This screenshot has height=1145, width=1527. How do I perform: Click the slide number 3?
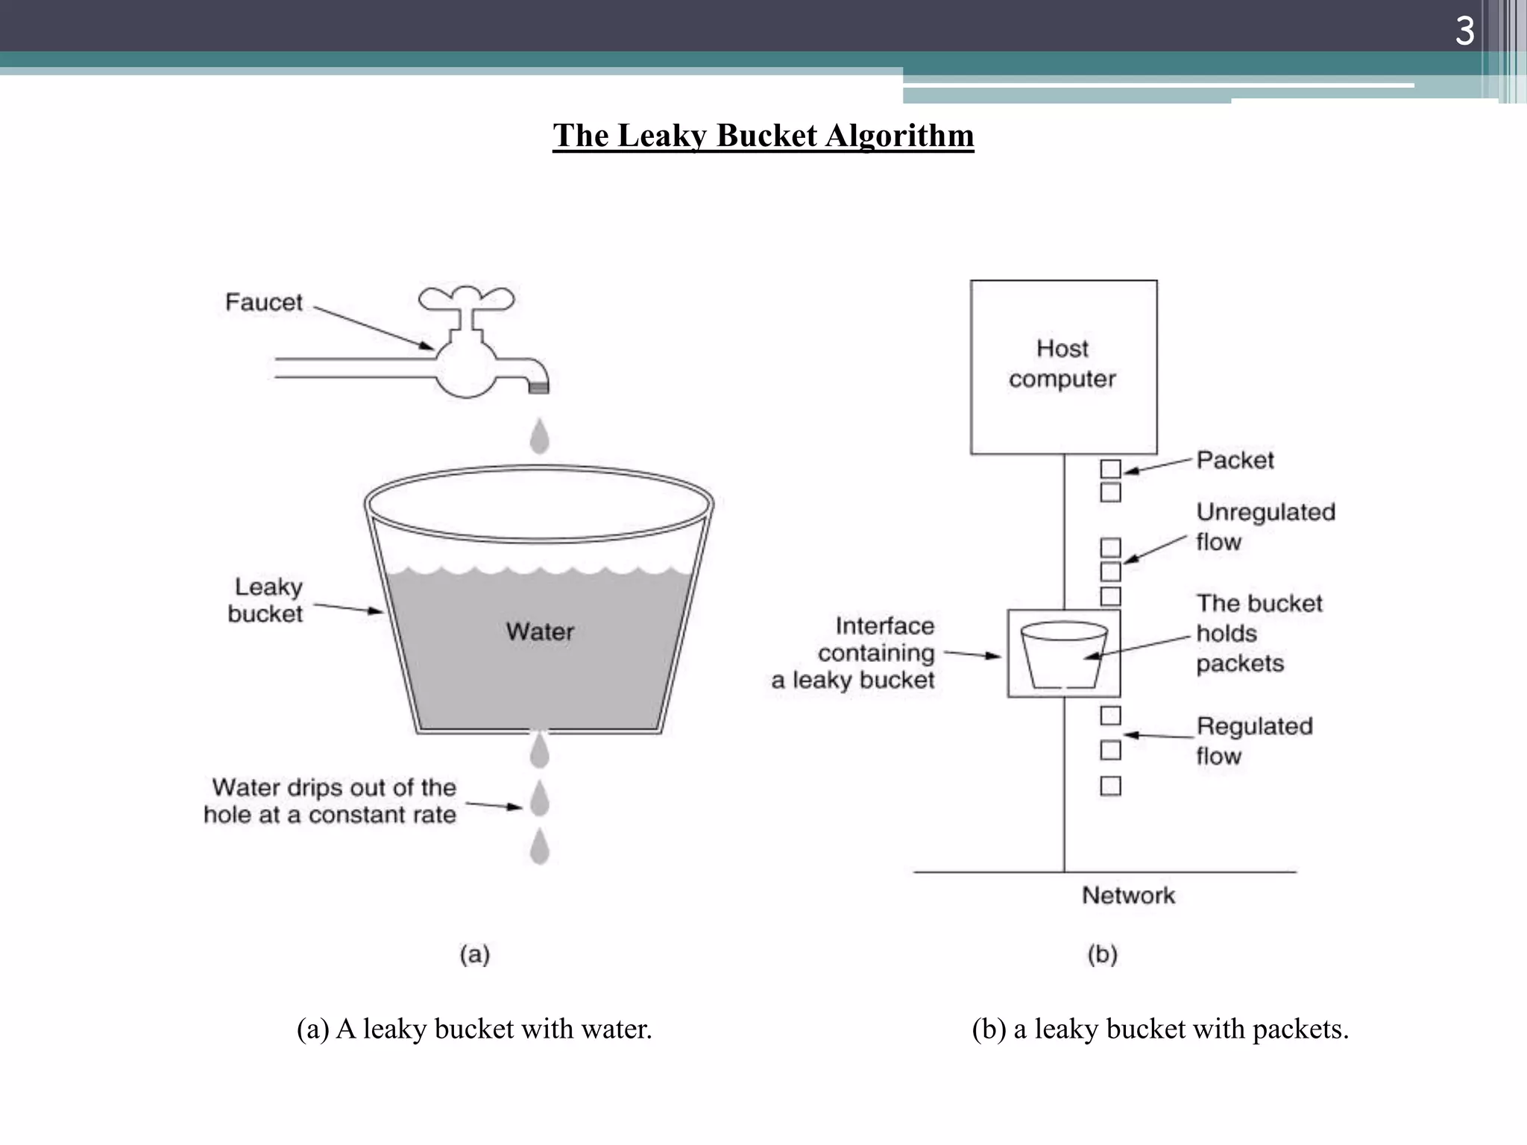(1464, 31)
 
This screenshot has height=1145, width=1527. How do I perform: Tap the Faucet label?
(264, 303)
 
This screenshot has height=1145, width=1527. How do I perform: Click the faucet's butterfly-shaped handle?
(466, 298)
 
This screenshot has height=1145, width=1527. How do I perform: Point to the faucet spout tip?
(539, 386)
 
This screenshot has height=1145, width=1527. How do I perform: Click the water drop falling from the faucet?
(540, 437)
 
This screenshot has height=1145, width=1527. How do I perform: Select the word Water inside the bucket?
(540, 632)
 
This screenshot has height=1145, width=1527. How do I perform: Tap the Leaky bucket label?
(266, 600)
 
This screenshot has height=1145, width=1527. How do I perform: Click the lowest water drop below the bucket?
(540, 848)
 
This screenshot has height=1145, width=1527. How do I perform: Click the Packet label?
(1235, 460)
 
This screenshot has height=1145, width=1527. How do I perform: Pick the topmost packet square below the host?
(1110, 469)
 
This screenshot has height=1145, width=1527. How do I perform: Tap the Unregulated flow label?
(1265, 526)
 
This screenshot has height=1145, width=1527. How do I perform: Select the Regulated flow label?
(1253, 740)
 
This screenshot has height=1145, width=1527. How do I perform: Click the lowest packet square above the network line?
(1110, 786)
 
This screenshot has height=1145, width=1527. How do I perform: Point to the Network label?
(1128, 895)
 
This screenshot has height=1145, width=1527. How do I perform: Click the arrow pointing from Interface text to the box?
(972, 654)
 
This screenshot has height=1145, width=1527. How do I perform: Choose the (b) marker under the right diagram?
(1102, 954)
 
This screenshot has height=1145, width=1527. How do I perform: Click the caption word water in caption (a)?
(616, 1029)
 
